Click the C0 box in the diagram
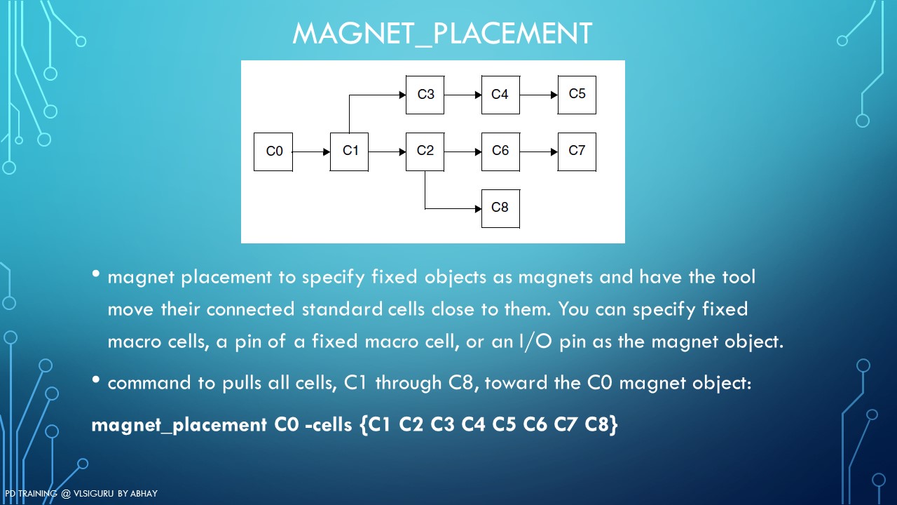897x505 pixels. click(273, 151)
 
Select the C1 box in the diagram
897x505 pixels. click(350, 151)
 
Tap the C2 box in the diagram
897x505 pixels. click(425, 151)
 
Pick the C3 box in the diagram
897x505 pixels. click(425, 95)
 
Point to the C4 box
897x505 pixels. click(500, 95)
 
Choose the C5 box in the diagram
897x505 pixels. click(577, 95)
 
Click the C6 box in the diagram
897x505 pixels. click(500, 151)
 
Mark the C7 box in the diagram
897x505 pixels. click(577, 151)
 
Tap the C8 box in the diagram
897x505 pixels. click(500, 208)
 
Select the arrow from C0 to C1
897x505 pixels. click(311, 151)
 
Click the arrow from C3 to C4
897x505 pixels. click(463, 95)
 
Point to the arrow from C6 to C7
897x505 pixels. click(539, 151)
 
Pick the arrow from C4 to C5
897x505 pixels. click(539, 95)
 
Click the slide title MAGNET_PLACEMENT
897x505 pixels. click(442, 34)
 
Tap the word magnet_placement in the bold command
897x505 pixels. click(179, 425)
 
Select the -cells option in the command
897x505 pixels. click(329, 425)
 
